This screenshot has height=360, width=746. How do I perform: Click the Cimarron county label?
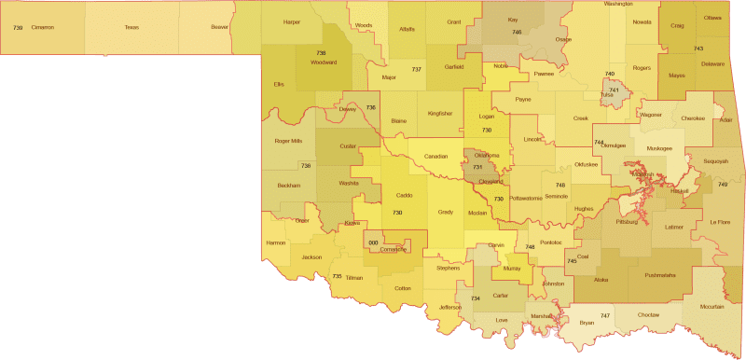click(43, 28)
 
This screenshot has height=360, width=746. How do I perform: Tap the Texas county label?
click(132, 28)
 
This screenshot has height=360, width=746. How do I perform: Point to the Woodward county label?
click(323, 62)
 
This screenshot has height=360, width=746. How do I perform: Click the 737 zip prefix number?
click(416, 70)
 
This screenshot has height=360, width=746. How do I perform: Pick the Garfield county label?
click(453, 68)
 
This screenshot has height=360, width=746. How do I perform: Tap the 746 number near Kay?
click(517, 33)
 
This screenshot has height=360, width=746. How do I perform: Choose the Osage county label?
click(562, 39)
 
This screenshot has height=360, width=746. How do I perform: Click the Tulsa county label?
click(607, 95)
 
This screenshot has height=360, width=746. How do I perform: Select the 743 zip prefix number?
click(698, 48)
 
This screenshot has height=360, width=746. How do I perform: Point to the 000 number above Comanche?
click(374, 242)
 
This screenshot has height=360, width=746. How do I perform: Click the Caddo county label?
click(404, 195)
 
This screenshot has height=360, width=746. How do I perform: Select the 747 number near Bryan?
click(605, 315)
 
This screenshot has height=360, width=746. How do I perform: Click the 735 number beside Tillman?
click(337, 276)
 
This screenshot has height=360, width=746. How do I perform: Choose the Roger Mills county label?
click(288, 141)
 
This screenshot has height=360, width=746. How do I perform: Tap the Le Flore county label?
click(719, 222)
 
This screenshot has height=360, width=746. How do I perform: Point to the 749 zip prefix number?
click(723, 185)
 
